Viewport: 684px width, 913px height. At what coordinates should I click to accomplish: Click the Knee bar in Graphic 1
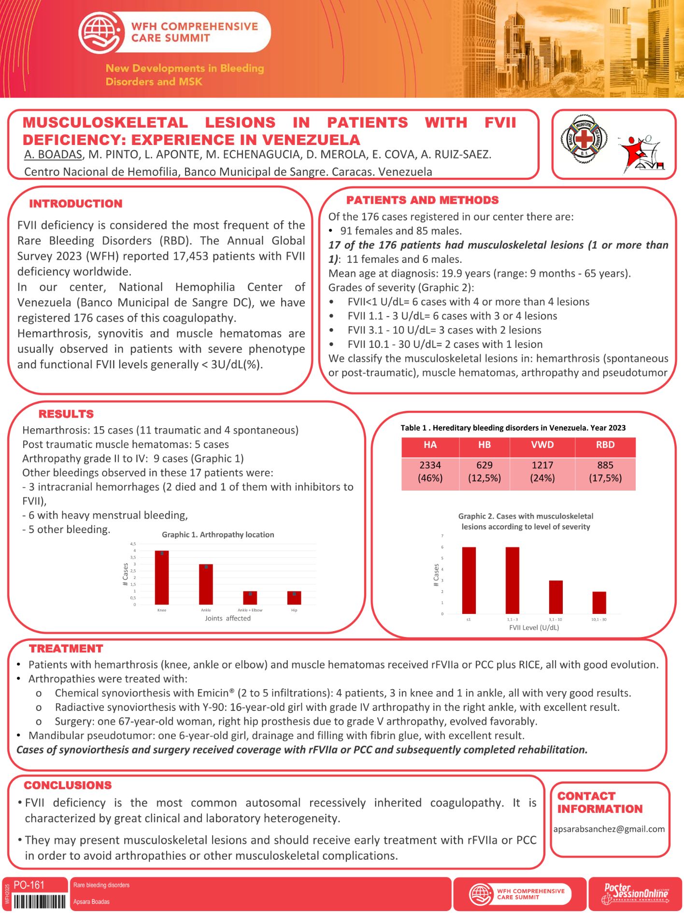pos(162,578)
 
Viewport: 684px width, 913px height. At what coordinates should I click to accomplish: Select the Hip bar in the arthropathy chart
pos(294,598)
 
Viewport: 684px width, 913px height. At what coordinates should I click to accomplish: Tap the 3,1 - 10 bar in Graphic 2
pos(556,597)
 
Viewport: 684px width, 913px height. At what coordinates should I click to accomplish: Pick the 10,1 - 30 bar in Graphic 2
pos(599,603)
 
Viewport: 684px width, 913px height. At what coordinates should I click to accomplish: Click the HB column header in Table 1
pos(484,445)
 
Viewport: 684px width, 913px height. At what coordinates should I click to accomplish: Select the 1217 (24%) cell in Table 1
pos(542,471)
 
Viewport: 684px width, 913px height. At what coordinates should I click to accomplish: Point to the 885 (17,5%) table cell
pos(605,471)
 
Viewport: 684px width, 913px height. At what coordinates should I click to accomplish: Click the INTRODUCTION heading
pos(76,204)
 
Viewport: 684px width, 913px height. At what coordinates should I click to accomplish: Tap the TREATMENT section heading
pos(66,649)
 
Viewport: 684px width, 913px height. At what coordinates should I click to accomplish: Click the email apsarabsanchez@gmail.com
pos(609,829)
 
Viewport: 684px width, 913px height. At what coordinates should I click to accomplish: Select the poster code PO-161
pos(29,885)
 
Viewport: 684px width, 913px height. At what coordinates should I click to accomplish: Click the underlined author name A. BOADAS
pos(53,155)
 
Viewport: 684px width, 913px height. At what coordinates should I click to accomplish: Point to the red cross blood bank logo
pos(584,140)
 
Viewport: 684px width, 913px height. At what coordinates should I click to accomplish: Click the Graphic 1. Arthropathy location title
pos(218,535)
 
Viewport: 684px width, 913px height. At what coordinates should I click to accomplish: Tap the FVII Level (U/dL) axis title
pos(534,627)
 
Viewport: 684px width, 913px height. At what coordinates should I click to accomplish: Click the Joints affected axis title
pos(228,618)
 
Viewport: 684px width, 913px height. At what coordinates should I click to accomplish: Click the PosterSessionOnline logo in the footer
pos(635,894)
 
